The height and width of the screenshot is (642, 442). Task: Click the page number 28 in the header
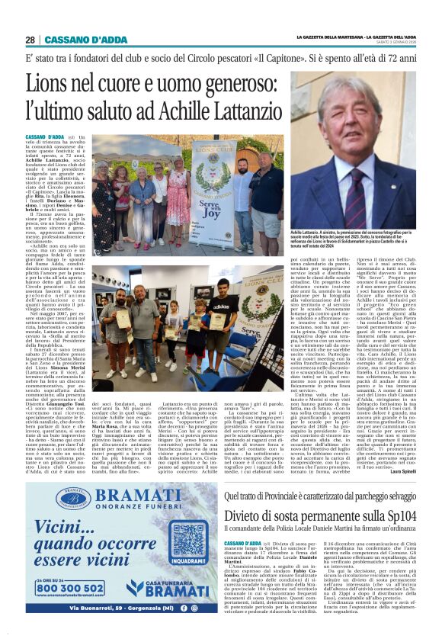[x=30, y=40]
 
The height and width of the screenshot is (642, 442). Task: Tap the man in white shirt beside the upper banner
[x=236, y=187]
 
